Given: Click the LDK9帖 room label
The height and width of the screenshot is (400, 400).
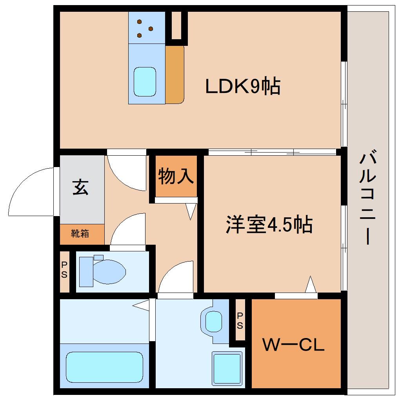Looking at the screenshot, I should click(243, 87).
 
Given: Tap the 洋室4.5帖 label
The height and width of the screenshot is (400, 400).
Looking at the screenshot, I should click(269, 225).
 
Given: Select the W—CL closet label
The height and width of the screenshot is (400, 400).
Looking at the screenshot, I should click(293, 345).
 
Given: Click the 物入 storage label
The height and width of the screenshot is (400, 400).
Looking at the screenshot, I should click(176, 176).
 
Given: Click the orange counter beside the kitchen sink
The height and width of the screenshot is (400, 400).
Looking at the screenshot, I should click(174, 75).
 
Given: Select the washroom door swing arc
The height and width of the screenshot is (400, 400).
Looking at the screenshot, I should click(176, 276).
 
